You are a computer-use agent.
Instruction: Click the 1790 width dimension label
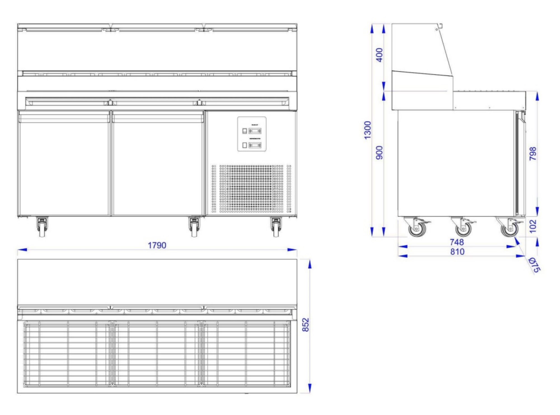tap(157, 245)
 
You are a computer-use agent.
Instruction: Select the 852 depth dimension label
tap(306, 325)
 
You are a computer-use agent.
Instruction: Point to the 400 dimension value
tap(379, 55)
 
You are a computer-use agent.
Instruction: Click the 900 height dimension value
tap(379, 153)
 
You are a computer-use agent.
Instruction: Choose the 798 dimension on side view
tap(533, 154)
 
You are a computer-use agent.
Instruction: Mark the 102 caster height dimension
tap(533, 226)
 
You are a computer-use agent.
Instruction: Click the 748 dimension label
tap(457, 242)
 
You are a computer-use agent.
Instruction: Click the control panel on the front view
tap(252, 134)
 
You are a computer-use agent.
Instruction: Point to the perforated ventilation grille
tap(251, 189)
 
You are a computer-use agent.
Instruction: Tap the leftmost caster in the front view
tap(42, 227)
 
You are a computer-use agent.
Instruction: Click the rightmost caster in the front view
tap(276, 227)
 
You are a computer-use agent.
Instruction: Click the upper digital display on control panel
tap(255, 131)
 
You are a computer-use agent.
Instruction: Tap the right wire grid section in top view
tap(246, 354)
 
